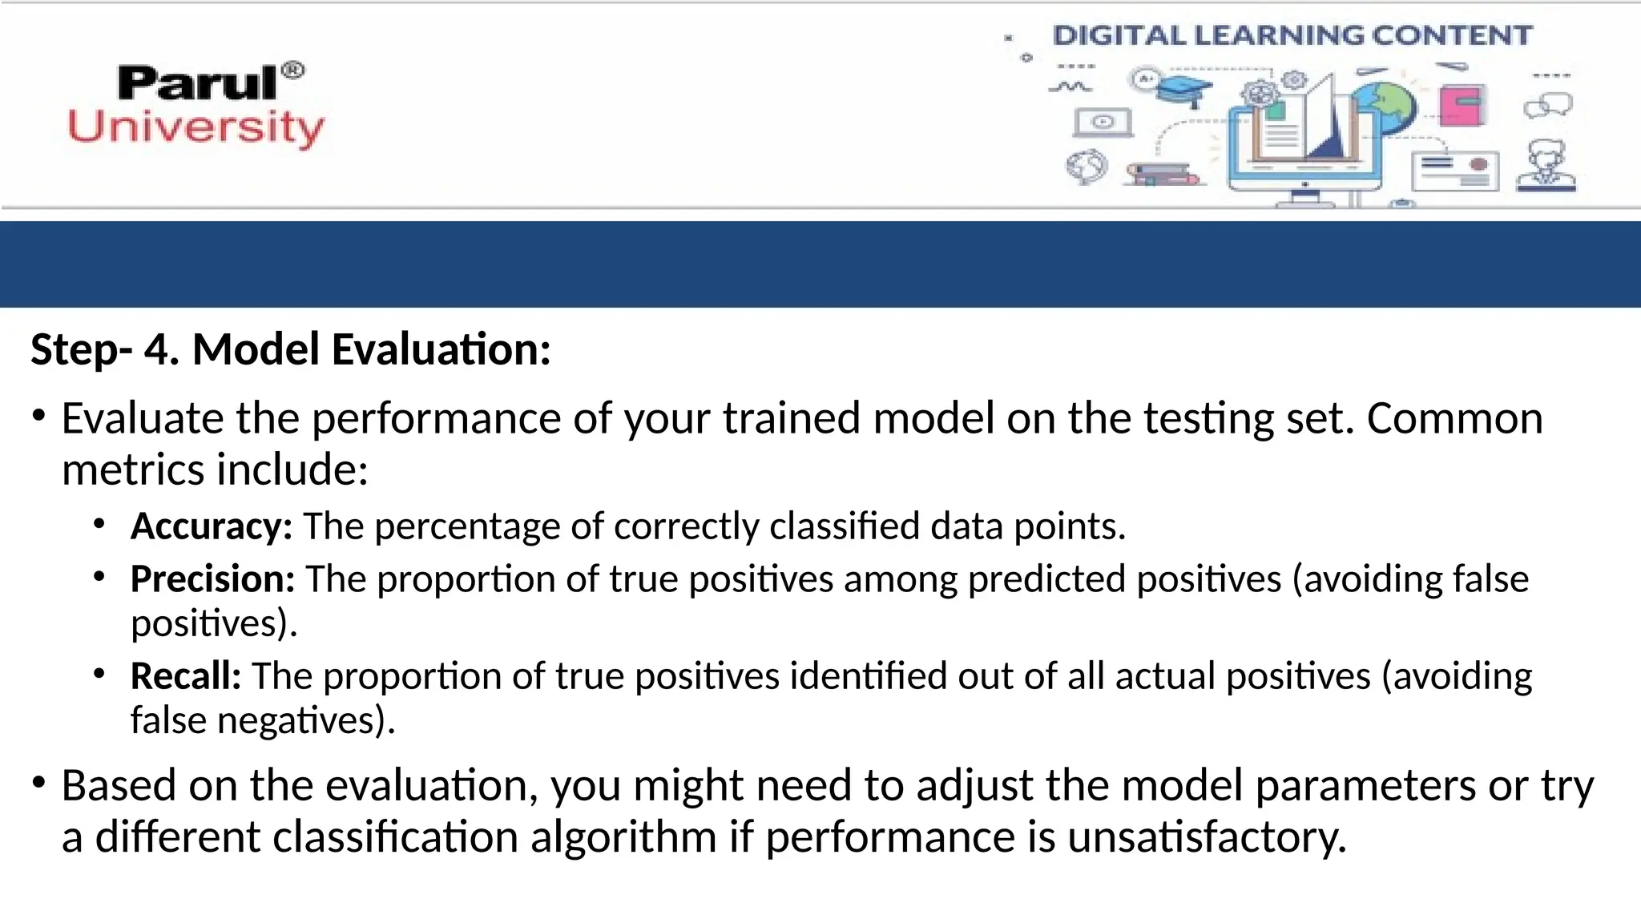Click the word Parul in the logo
(x=196, y=84)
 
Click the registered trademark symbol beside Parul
(x=294, y=71)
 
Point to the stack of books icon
(x=1162, y=174)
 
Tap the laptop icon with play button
(x=1103, y=123)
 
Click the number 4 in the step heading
(x=161, y=350)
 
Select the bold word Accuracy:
(x=212, y=526)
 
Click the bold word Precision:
(x=213, y=579)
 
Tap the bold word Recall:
(x=186, y=676)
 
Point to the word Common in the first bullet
(x=1454, y=419)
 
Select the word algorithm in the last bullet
(x=623, y=838)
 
